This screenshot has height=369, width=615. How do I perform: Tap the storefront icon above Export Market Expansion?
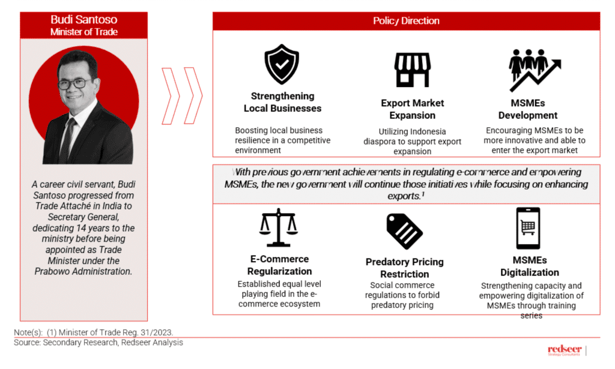(x=412, y=70)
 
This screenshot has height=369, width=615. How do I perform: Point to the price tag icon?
(x=404, y=231)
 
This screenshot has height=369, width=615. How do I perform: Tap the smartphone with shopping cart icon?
(x=528, y=228)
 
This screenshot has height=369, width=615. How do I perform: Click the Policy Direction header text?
(x=406, y=21)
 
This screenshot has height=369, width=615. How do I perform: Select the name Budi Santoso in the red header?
(x=83, y=19)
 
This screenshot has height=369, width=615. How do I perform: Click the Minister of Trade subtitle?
(x=83, y=32)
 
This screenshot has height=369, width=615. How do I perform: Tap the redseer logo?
(x=565, y=350)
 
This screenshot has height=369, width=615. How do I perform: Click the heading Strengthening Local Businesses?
(x=282, y=102)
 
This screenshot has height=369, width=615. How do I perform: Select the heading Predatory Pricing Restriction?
(x=404, y=268)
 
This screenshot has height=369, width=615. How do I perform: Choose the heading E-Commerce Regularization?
(x=279, y=265)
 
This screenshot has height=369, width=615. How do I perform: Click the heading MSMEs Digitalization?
(x=529, y=266)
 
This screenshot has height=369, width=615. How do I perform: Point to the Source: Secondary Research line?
(x=98, y=343)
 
